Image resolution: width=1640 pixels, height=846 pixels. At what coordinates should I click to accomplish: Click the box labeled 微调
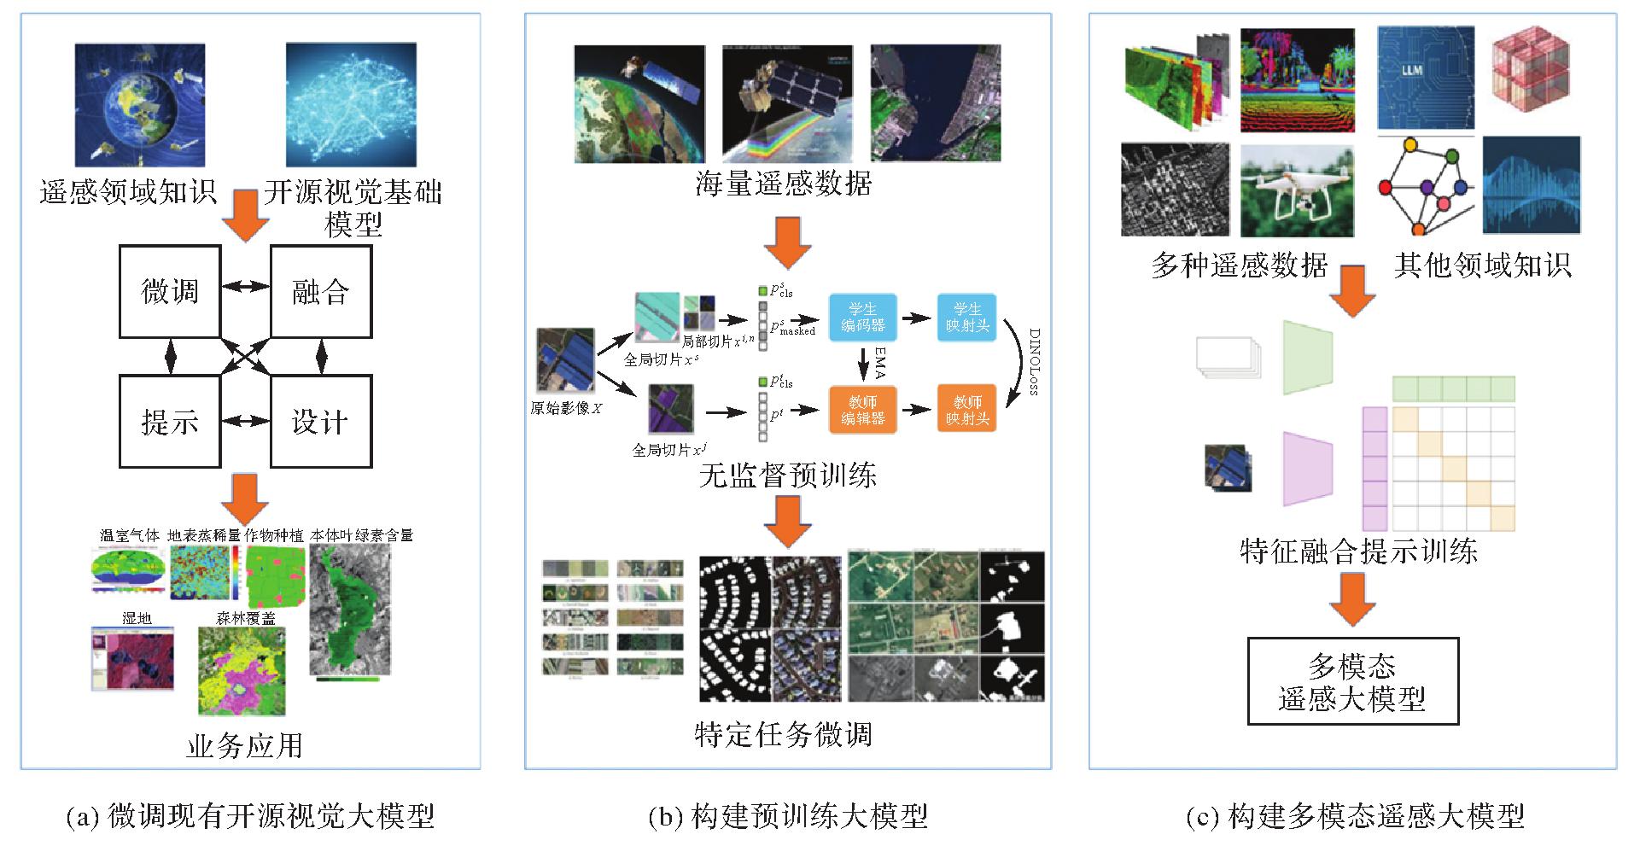170,291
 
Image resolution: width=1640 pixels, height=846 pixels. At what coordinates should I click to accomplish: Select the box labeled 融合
321,291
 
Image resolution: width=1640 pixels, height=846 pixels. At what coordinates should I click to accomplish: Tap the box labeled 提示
170,421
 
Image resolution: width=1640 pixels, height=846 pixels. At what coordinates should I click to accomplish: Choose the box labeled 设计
321,421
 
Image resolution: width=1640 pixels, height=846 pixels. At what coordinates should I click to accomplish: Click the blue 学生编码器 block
863,317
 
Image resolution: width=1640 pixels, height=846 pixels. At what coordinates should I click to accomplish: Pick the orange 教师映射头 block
966,409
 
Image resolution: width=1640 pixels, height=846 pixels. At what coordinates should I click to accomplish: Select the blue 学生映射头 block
966,317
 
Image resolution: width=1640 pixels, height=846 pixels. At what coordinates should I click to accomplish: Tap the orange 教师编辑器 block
863,409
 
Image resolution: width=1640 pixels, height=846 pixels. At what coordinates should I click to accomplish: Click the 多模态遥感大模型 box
1352,681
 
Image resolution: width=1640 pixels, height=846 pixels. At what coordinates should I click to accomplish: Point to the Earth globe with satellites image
140,105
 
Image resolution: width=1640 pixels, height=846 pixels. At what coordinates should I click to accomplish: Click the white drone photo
1297,190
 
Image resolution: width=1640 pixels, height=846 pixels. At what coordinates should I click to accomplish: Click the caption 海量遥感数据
783,184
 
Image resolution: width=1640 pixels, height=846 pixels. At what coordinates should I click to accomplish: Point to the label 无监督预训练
787,475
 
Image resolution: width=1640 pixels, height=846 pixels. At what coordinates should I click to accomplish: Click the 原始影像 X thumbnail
564,360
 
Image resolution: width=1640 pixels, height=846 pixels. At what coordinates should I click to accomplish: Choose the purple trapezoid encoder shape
1307,469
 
